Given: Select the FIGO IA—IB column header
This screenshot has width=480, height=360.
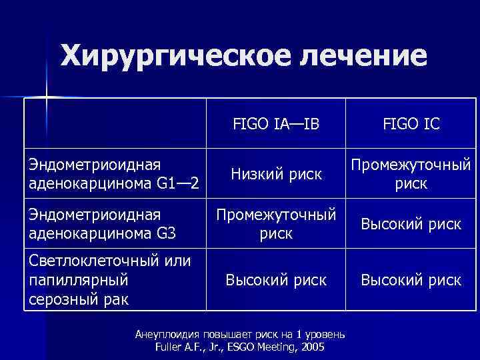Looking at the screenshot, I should click(x=276, y=124).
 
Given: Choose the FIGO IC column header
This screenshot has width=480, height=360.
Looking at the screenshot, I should click(x=411, y=124).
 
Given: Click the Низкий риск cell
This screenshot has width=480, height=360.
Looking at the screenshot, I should click(x=276, y=174).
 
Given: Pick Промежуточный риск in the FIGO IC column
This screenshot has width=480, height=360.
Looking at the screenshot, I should click(x=411, y=174).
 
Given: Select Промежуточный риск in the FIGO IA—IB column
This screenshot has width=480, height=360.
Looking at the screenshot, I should click(x=276, y=224).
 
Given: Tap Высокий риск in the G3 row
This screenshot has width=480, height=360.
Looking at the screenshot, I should click(x=411, y=224).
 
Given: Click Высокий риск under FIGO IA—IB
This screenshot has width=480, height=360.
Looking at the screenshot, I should click(x=276, y=281).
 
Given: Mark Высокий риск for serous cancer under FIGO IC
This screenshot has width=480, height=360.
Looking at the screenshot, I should click(x=411, y=281).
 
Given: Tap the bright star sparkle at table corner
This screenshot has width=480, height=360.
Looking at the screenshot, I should click(x=47, y=98).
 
